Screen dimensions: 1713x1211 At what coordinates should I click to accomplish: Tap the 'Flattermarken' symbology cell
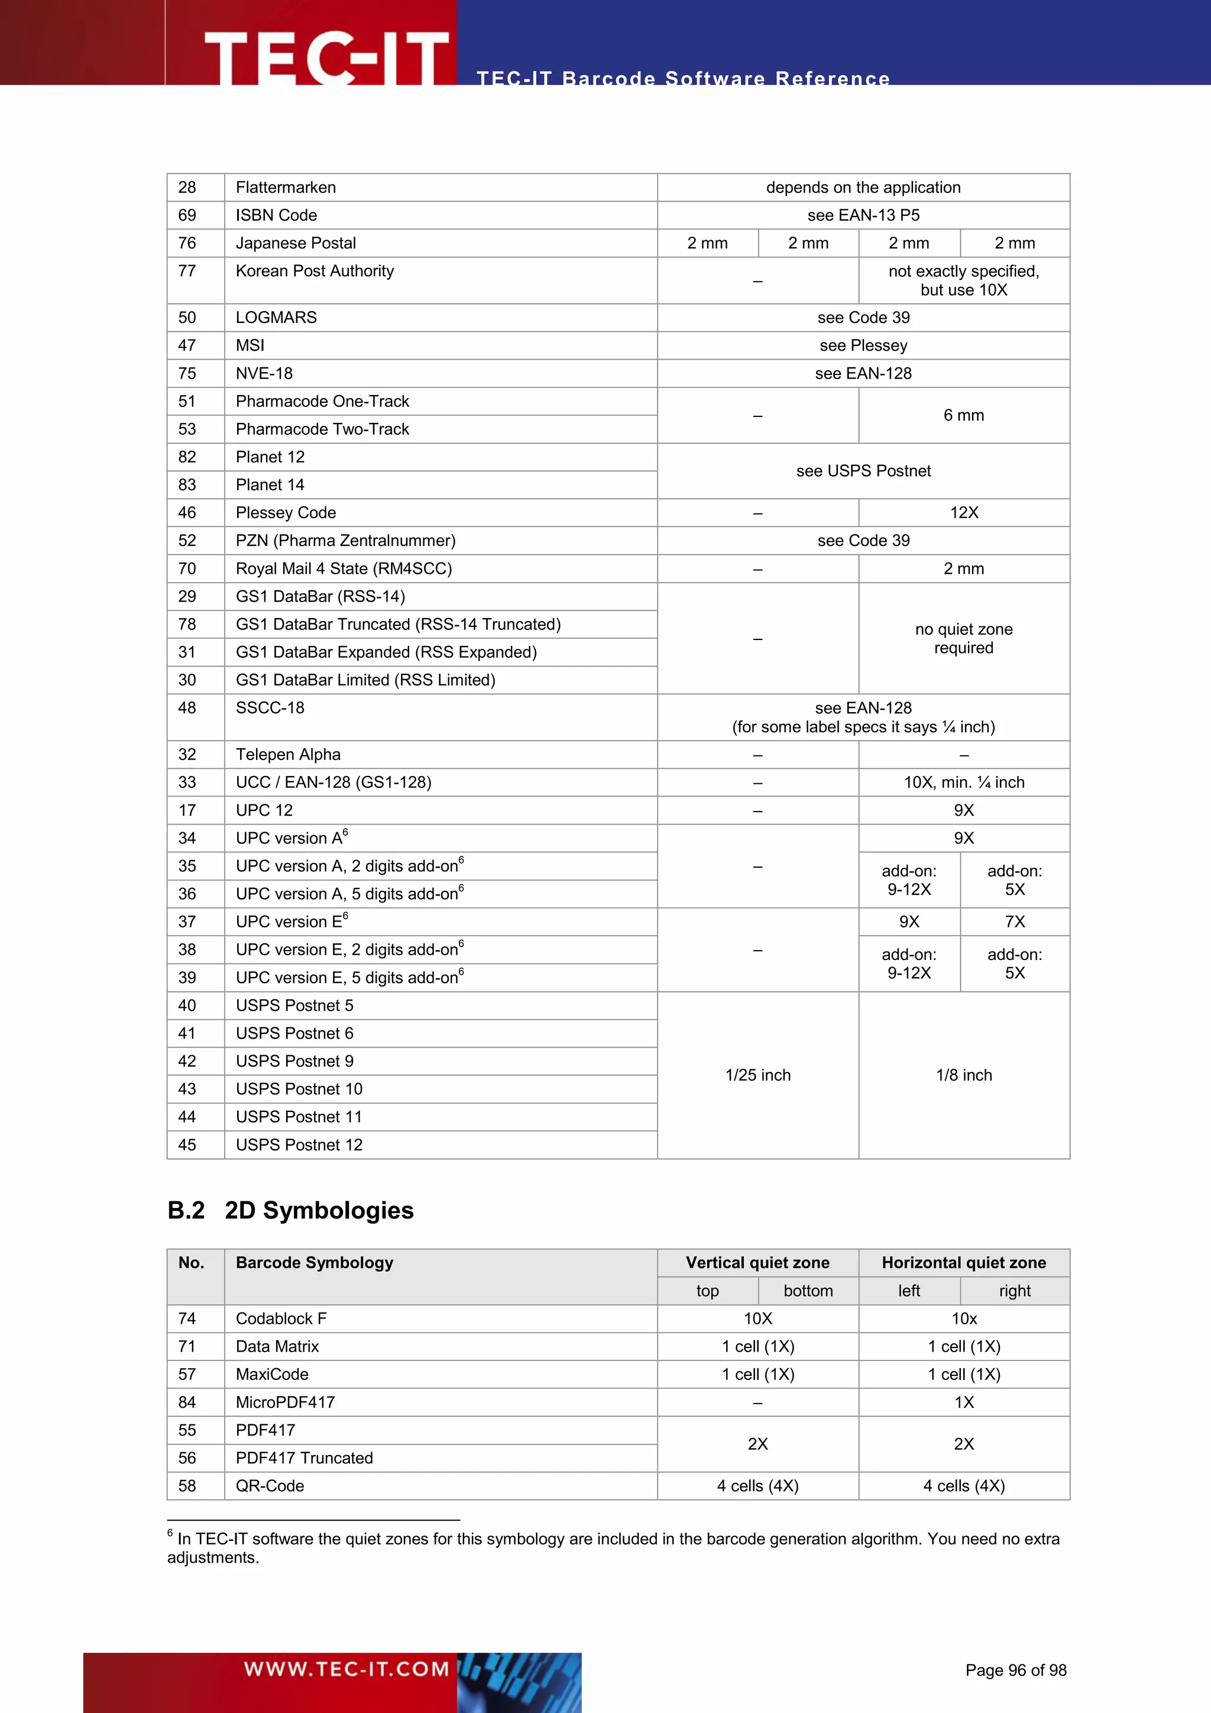click(x=286, y=188)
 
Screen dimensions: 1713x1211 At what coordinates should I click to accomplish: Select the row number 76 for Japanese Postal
click(x=187, y=243)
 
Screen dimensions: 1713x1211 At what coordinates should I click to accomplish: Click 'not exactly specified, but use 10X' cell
click(x=963, y=280)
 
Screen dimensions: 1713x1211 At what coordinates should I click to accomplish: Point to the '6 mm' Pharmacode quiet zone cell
click(x=963, y=416)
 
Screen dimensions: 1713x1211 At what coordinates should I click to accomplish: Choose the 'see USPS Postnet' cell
click(x=863, y=471)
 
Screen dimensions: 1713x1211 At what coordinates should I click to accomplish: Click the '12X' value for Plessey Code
click(x=963, y=513)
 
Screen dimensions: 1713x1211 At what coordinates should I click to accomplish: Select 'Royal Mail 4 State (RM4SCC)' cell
click(x=344, y=568)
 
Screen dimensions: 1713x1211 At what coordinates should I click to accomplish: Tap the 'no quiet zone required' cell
click(x=963, y=639)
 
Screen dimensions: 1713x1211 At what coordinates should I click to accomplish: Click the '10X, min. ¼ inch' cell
click(x=963, y=783)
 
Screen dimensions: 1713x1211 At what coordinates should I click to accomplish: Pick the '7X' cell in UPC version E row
click(x=1014, y=922)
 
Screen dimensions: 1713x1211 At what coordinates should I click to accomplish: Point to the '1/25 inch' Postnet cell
click(x=757, y=1075)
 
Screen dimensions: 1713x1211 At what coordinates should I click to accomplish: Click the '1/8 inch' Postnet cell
click(x=963, y=1075)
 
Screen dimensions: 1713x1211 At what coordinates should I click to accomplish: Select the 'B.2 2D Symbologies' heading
click(x=291, y=1210)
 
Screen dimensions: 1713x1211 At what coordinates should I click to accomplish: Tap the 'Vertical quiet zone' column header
click(x=757, y=1262)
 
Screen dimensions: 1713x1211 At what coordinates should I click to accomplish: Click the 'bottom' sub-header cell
click(x=808, y=1291)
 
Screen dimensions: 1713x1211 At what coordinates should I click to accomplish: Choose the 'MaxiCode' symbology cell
click(x=272, y=1374)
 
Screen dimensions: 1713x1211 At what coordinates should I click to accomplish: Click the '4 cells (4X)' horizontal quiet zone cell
click(x=963, y=1486)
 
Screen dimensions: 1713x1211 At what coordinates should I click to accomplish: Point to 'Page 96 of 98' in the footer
click(x=1016, y=1670)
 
